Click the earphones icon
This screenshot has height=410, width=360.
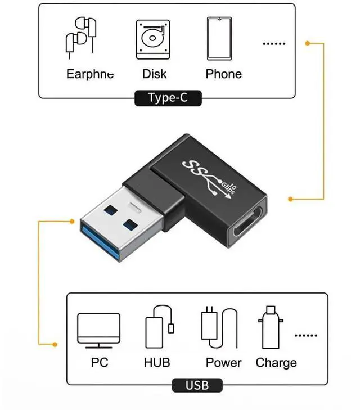(80, 38)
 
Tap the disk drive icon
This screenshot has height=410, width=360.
(152, 39)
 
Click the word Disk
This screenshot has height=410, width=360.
(154, 74)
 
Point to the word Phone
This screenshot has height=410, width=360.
(223, 74)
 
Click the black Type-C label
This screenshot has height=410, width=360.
(168, 98)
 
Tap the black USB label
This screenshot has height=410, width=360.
(197, 385)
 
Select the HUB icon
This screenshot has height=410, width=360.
(161, 328)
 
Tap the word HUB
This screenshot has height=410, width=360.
(157, 362)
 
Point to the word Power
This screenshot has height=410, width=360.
(223, 362)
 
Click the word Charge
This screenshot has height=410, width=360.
(276, 362)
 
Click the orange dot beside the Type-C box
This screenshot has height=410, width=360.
(307, 43)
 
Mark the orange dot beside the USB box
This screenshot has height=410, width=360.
(55, 344)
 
